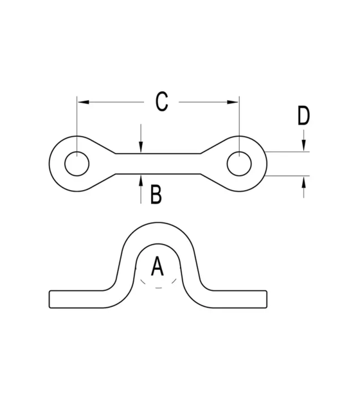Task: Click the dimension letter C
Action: tap(161, 101)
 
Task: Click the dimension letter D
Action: tap(303, 116)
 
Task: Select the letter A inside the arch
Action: tap(157, 266)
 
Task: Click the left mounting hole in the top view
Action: tap(77, 164)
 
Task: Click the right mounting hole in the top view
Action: tap(239, 164)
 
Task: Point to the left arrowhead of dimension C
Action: tap(84, 101)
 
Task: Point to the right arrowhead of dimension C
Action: tap(233, 101)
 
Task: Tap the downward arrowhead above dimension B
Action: tap(141, 146)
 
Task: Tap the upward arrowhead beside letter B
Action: tap(141, 180)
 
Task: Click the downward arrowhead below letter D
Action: tap(303, 146)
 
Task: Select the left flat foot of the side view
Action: tap(76, 299)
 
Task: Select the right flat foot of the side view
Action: tap(240, 299)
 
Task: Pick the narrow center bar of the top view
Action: tap(158, 164)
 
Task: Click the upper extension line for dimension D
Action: tap(287, 152)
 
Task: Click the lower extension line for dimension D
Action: tap(287, 176)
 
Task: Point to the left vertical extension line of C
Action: tap(77, 126)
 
